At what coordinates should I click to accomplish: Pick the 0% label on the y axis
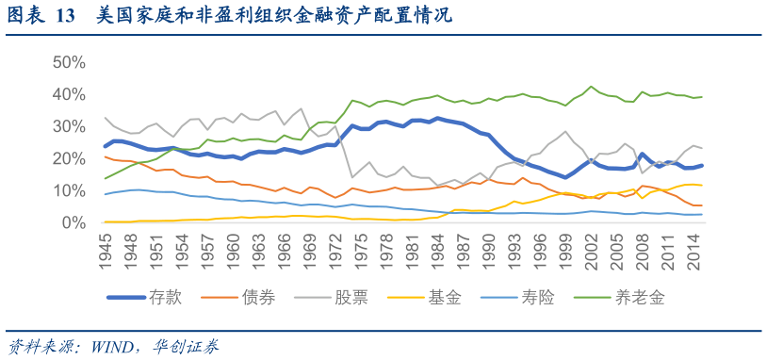click(73, 223)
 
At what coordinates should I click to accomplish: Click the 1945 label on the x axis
click(105, 248)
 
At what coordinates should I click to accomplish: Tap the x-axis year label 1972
click(335, 248)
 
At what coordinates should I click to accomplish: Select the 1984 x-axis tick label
click(436, 248)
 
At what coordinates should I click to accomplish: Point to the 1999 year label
click(564, 248)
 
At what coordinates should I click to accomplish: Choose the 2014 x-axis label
click(692, 248)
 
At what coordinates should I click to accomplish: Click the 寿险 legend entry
click(538, 298)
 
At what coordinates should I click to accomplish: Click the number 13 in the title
click(65, 16)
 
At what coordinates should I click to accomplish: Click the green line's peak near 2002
click(592, 87)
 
